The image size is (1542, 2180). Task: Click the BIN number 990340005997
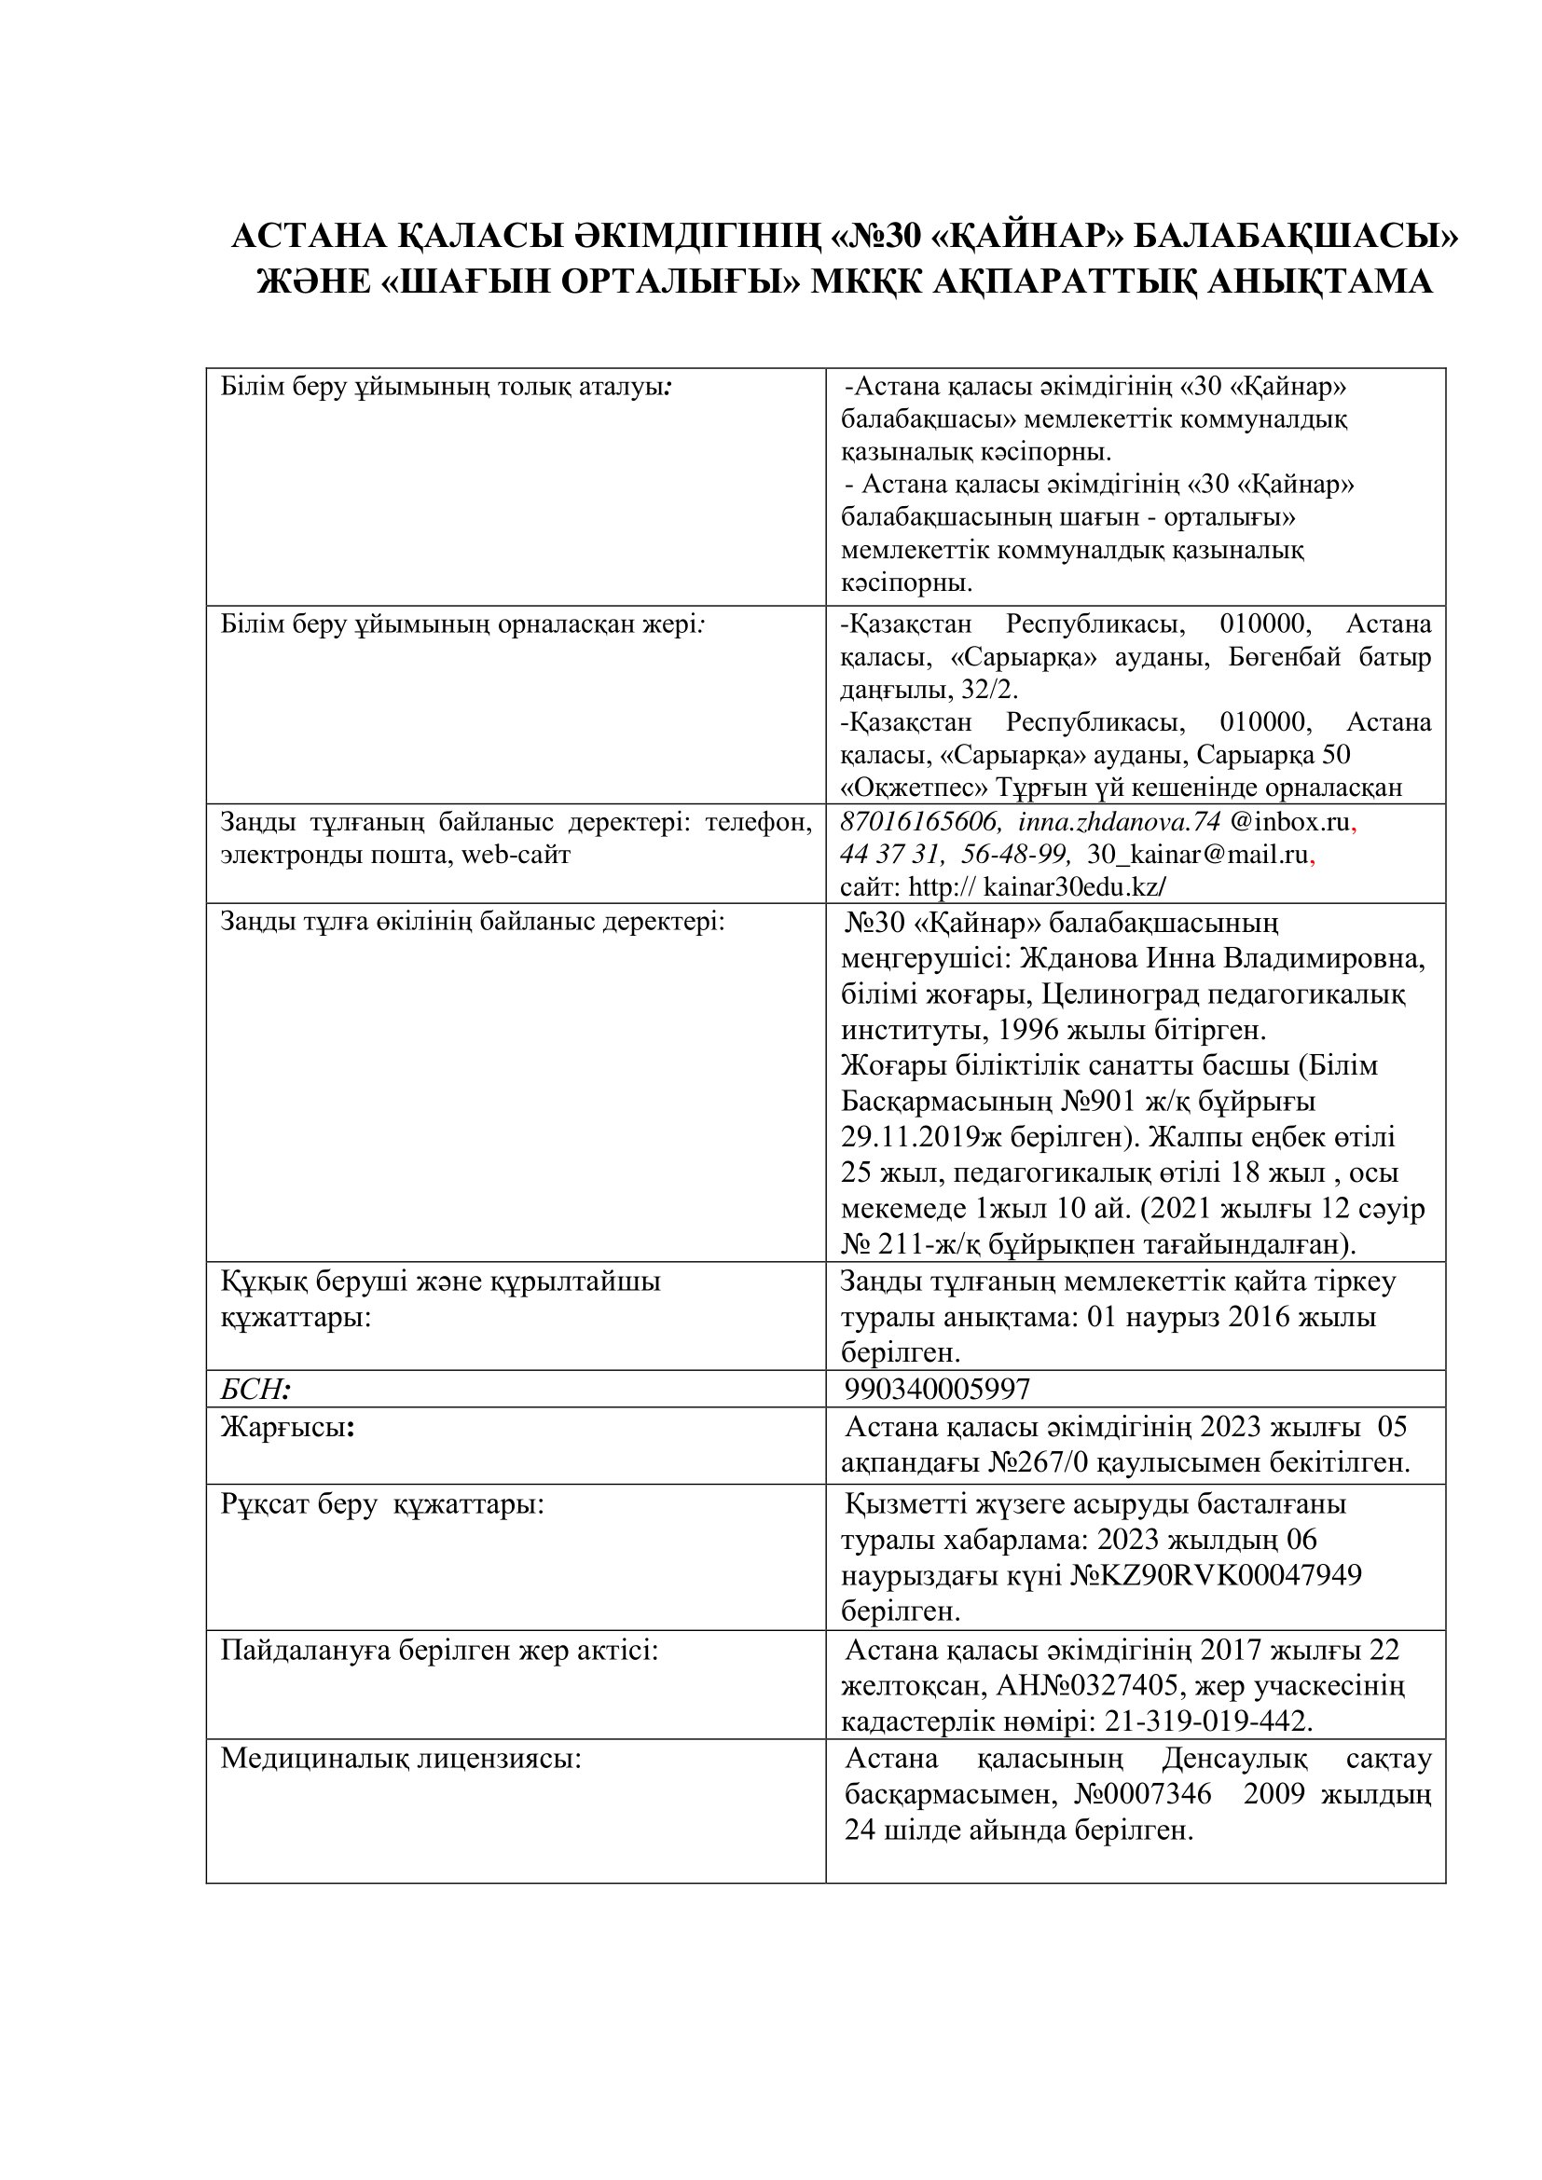tap(936, 1389)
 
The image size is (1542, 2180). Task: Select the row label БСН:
tap(255, 1389)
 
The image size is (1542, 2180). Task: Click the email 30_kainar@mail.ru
tap(1197, 855)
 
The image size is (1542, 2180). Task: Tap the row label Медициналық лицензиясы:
tap(401, 1759)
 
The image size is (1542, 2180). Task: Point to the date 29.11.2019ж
tap(924, 1137)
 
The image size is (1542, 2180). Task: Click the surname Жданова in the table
tap(1069, 959)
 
